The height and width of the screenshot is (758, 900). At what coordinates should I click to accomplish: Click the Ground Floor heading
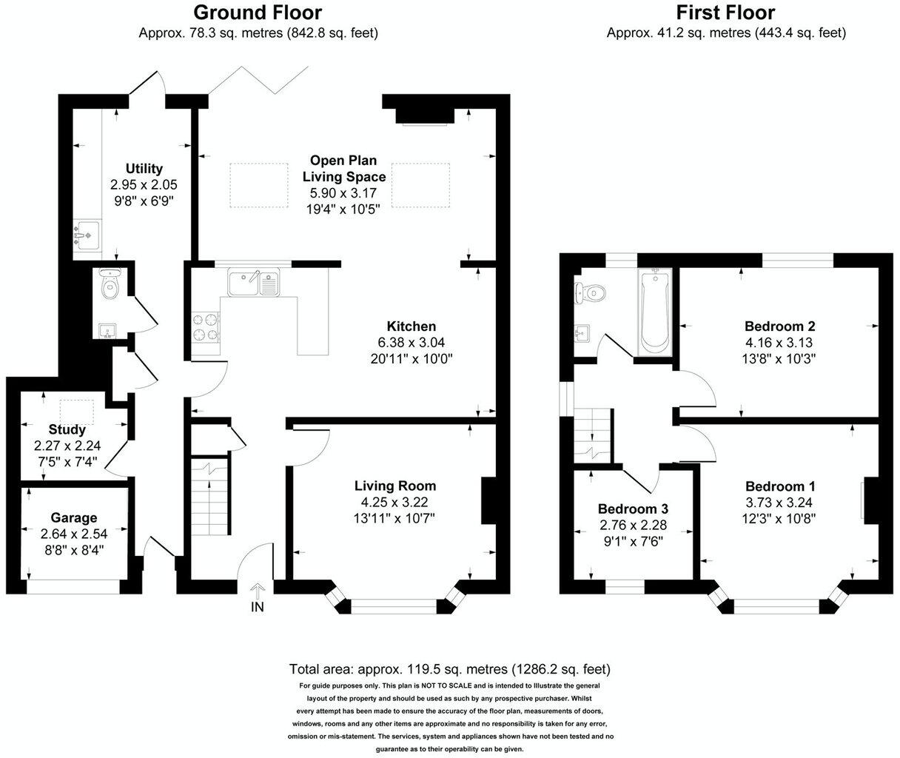click(258, 13)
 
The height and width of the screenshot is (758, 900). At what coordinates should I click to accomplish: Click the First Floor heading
click(725, 13)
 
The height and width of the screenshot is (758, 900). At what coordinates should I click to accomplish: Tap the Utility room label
click(144, 169)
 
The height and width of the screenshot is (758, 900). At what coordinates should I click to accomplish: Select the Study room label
click(67, 429)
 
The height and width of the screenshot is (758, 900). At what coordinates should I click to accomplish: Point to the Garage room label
click(73, 518)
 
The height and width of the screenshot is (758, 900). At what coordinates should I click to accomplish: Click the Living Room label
click(394, 486)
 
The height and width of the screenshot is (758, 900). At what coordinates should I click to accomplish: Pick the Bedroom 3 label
click(633, 509)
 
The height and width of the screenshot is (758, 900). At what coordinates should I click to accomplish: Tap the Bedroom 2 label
click(779, 326)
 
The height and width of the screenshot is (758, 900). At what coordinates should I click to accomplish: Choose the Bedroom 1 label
click(780, 487)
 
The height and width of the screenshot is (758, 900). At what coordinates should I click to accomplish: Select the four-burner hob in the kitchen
click(206, 327)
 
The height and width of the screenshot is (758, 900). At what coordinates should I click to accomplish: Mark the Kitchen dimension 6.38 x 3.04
click(411, 343)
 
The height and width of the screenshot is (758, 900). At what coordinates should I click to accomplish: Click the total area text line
click(449, 669)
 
